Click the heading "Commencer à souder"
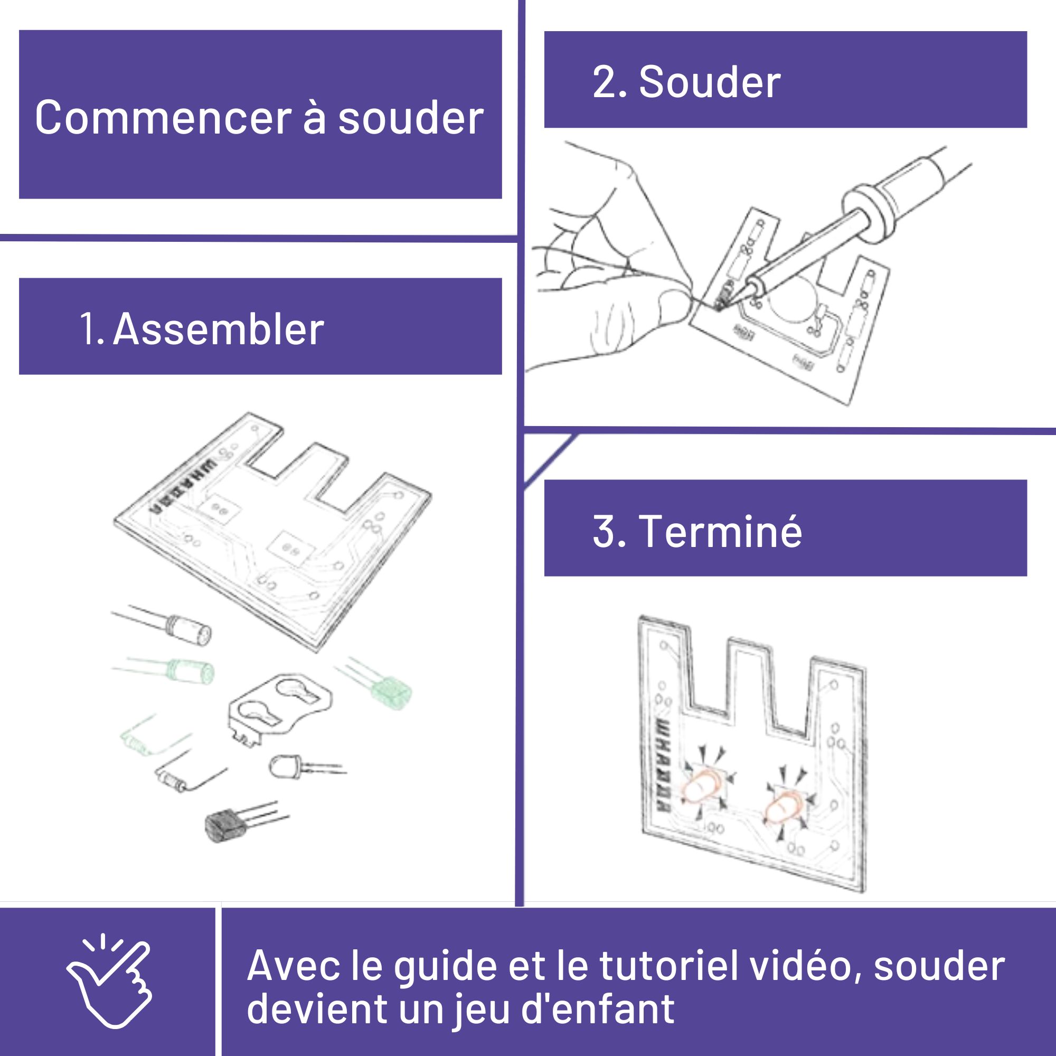[260, 118]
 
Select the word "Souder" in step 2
[710, 82]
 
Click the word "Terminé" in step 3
[720, 531]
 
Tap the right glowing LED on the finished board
[782, 808]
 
